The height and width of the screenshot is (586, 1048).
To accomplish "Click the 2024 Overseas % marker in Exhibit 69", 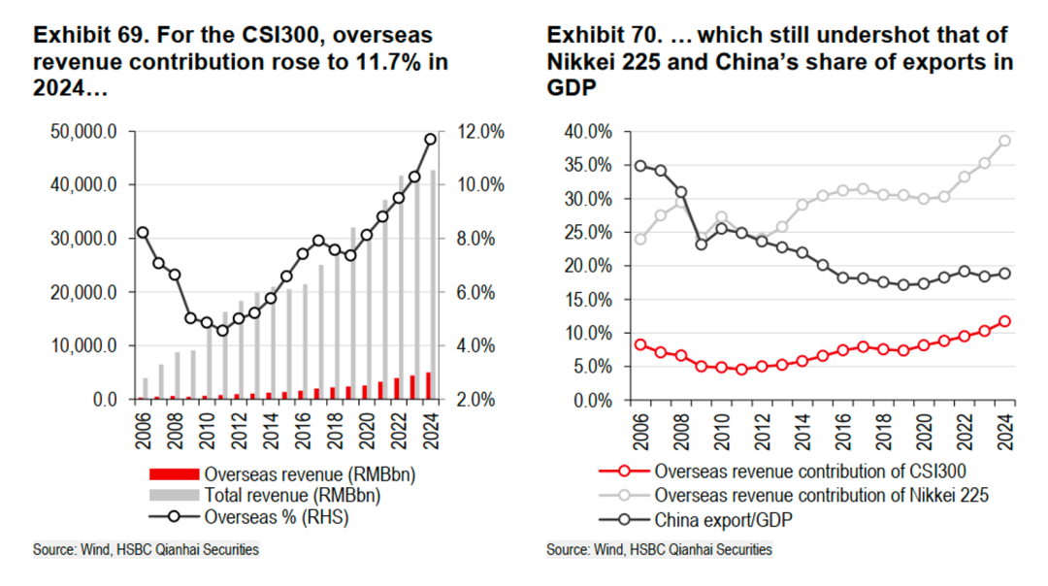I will coord(431,139).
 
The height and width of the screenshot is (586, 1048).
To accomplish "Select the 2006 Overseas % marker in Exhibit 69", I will coord(143,233).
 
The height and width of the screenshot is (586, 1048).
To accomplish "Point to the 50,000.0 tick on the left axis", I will coord(83,132).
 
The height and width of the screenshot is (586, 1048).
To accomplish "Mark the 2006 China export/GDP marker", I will coord(640,165).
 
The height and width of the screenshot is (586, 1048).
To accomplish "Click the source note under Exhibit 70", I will coord(660,550).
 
